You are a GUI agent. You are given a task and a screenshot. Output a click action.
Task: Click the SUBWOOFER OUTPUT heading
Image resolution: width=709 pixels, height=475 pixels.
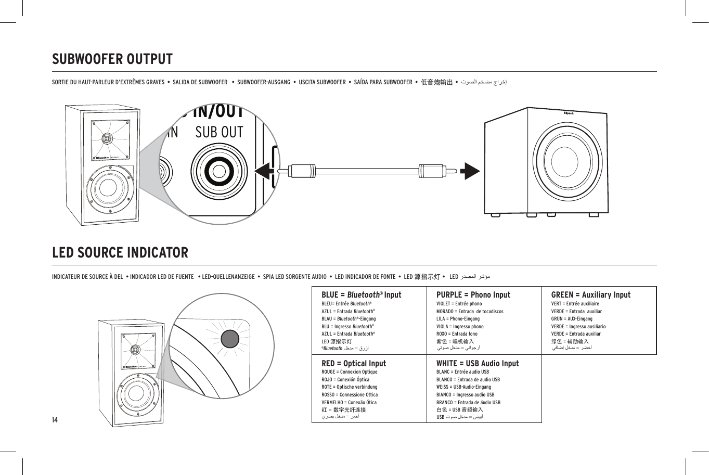click(x=112, y=59)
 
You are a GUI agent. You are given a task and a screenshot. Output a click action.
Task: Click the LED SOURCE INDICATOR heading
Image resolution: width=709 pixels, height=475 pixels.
click(x=120, y=253)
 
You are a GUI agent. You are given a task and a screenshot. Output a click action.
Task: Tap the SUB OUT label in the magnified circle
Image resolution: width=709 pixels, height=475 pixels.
click(x=219, y=133)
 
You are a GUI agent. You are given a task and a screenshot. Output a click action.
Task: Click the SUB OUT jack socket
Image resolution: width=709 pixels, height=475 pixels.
click(x=219, y=171)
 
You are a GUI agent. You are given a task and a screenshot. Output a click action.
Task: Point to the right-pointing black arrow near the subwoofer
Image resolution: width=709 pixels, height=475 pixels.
click(x=471, y=171)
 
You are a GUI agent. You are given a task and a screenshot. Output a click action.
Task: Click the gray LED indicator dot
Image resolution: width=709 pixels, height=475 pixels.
click(x=229, y=339)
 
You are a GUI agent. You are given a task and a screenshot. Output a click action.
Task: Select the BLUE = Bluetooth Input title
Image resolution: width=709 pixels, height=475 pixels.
click(x=361, y=295)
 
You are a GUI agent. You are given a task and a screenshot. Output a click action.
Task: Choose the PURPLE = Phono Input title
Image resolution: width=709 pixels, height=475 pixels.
click(x=473, y=295)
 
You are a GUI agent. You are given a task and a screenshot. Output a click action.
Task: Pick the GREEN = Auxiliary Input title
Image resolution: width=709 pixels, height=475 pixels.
click(x=590, y=295)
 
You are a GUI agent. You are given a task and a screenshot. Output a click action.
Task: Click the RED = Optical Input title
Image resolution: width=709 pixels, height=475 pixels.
click(x=354, y=364)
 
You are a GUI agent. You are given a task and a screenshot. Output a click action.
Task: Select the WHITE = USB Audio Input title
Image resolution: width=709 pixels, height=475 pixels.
click(x=477, y=364)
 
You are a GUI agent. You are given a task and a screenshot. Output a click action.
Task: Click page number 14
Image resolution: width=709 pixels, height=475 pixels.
click(x=55, y=420)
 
